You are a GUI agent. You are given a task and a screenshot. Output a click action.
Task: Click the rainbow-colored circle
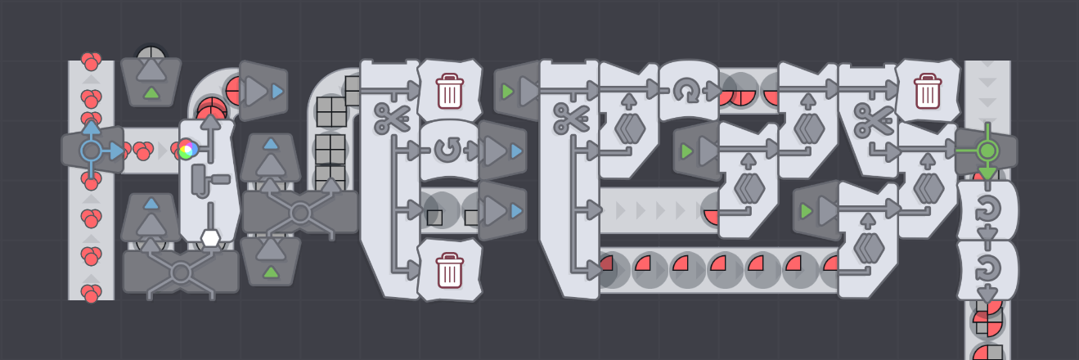(187, 149)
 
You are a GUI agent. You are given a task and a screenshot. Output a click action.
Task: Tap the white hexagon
(210, 238)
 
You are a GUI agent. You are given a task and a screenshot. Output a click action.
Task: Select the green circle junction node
(987, 151)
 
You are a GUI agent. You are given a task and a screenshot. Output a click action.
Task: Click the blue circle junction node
(91, 151)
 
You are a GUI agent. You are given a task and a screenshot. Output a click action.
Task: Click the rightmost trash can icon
(927, 90)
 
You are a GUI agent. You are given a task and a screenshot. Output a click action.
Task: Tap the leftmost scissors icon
(392, 118)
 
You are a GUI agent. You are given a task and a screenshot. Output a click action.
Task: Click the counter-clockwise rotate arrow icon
(447, 150)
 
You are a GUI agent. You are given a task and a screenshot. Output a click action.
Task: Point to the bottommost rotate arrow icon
(987, 268)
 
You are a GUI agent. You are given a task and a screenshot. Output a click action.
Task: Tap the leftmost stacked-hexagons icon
(628, 128)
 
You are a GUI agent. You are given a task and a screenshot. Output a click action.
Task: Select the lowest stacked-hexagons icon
(868, 246)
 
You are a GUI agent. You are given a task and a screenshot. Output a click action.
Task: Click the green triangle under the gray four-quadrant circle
(151, 92)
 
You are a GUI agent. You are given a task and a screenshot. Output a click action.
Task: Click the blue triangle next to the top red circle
(278, 91)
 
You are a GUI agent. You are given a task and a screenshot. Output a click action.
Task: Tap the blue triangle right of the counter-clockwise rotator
(516, 151)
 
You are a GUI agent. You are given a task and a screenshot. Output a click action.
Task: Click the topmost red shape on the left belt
(91, 61)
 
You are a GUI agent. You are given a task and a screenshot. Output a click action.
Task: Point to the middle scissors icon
(570, 118)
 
